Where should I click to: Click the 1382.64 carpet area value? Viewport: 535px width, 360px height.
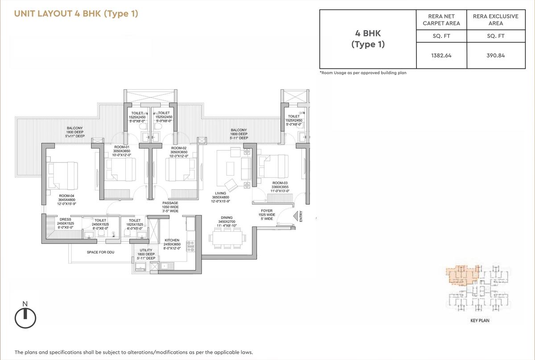441,56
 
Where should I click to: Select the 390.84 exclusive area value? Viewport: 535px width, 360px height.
493,56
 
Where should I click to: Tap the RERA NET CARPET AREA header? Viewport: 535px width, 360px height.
441,20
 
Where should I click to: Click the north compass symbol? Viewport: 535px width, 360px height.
25,318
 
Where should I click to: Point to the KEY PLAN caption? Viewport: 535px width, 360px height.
480,320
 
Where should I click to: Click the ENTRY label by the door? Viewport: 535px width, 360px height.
301,216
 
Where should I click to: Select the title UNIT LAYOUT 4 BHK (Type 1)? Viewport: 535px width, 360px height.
76,14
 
